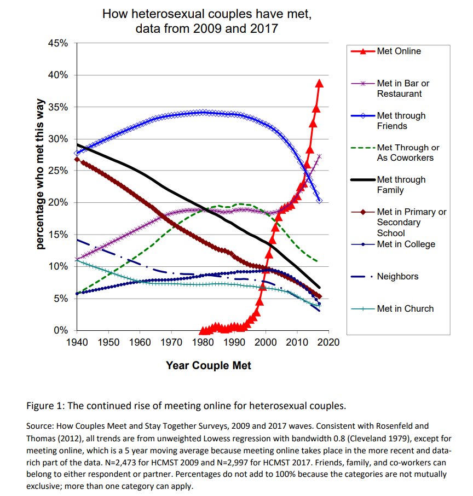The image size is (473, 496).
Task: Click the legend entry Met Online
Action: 399,51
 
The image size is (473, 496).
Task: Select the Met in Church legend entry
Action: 405,308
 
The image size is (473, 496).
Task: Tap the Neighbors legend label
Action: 397,276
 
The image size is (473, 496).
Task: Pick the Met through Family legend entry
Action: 401,185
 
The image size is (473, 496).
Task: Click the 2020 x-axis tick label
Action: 328,342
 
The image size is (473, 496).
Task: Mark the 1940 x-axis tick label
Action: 78,342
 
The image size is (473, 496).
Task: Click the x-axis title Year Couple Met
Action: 208,365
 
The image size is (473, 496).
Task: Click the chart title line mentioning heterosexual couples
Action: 207,14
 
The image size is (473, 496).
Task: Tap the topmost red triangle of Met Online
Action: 319,83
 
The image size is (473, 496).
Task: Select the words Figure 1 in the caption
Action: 45,406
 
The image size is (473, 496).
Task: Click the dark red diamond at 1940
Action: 77,160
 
